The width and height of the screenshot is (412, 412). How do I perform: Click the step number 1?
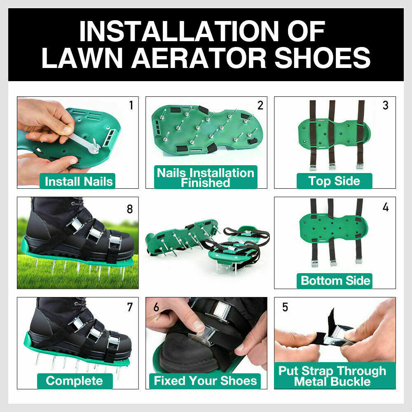[x=131, y=105]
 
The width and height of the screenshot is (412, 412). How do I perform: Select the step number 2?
[x=260, y=105]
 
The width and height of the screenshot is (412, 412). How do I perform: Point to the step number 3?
[x=385, y=105]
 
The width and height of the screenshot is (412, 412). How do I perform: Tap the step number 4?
[x=385, y=207]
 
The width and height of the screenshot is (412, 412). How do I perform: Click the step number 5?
[x=285, y=307]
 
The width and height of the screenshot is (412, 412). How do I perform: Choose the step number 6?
[x=157, y=307]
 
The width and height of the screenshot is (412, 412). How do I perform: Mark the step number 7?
[x=130, y=307]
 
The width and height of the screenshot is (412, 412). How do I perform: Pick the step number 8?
[x=130, y=209]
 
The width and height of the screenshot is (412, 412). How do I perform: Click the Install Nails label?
[x=78, y=181]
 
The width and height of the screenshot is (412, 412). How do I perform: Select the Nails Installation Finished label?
[x=205, y=178]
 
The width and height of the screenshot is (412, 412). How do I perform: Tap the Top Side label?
[x=334, y=181]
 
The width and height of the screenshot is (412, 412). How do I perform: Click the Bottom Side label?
[x=335, y=281]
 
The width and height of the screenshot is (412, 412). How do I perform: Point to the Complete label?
[x=75, y=381]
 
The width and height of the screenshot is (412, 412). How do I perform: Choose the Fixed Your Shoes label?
[x=205, y=381]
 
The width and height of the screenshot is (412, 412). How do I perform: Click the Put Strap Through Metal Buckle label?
[x=332, y=375]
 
